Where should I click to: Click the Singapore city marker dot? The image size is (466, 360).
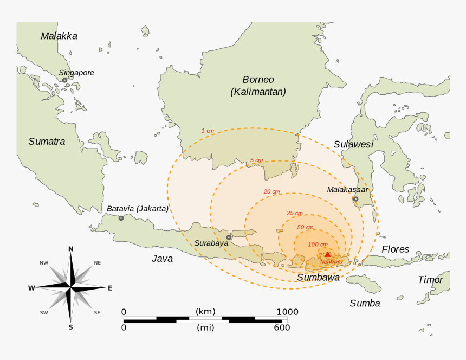point(64,80)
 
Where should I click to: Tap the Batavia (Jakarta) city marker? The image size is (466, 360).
point(121,218)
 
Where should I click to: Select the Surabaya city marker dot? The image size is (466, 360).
point(229,237)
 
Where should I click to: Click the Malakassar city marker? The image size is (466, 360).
point(355,199)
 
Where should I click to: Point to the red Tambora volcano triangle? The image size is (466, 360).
point(327,254)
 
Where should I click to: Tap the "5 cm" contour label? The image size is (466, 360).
point(256,160)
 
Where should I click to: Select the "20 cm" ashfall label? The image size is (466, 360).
point(271,191)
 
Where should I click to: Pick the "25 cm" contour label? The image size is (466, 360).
point(294,213)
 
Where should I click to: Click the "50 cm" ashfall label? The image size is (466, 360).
point(305,227)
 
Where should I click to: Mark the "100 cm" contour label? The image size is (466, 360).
point(317,245)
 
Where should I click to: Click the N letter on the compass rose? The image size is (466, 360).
point(70,249)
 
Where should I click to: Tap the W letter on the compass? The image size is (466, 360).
point(31,288)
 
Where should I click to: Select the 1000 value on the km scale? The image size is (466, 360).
point(287,312)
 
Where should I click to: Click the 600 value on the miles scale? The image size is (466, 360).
point(281,327)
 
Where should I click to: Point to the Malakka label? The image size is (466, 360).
point(59,36)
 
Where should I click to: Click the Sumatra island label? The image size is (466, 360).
point(47,142)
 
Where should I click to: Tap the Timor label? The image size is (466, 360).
point(430,280)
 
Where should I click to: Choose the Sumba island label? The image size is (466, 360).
point(365,303)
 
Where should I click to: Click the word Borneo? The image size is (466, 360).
point(258,80)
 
